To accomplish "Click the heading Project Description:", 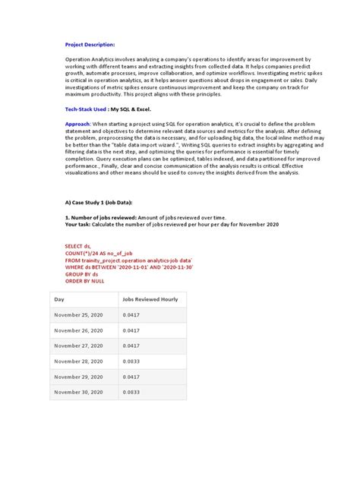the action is (x=90, y=45).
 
